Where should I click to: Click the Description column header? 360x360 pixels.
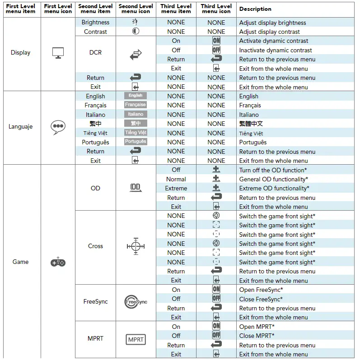click(255, 9)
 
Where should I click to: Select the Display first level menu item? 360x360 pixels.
click(20, 53)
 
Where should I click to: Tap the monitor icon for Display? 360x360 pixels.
click(58, 53)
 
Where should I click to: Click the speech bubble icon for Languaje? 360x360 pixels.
click(58, 127)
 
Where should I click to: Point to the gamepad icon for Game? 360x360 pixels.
click(58, 262)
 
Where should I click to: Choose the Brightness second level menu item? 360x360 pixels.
click(95, 23)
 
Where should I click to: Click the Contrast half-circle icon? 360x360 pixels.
click(136, 32)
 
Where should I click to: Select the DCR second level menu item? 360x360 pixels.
click(95, 53)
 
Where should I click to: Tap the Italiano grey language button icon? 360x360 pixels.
click(136, 114)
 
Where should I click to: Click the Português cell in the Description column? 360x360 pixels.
click(253, 142)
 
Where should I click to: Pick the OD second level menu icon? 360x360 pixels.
click(136, 188)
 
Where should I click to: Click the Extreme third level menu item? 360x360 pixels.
click(176, 188)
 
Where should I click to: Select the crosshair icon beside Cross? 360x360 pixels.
click(136, 246)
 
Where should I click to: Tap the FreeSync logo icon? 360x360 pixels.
click(136, 301)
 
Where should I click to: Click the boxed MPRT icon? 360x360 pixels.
click(136, 339)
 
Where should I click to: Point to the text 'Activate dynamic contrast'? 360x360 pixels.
click(274, 41)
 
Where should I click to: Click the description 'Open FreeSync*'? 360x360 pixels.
click(261, 290)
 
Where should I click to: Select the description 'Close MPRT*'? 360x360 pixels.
click(257, 336)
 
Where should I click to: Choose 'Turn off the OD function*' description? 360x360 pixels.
click(273, 170)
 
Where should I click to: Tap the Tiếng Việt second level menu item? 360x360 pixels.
click(95, 133)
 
